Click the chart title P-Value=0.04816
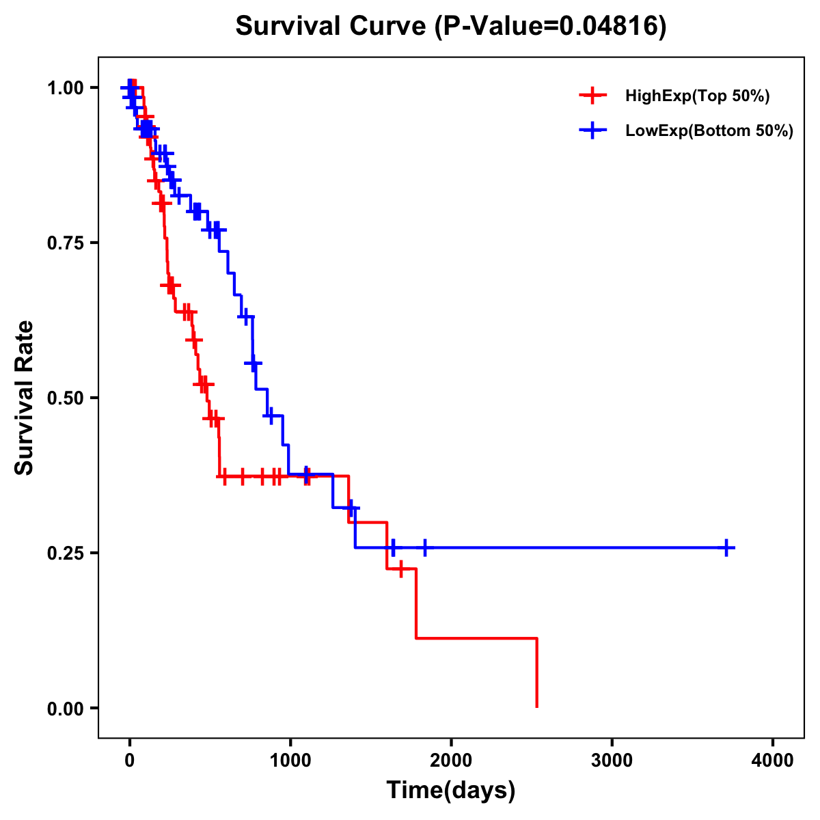[450, 26]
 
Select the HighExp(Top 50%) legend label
[697, 96]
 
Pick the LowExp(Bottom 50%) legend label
[709, 131]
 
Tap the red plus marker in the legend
[592, 96]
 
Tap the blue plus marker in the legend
[592, 131]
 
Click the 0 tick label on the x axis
[129, 761]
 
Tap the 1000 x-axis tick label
[290, 761]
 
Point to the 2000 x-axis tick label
[451, 761]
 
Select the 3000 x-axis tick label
[612, 761]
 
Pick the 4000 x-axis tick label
[773, 761]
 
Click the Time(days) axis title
[451, 791]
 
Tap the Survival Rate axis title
[25, 398]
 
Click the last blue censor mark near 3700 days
[727, 547]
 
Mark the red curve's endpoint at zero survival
[537, 707]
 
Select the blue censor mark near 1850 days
[425, 547]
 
